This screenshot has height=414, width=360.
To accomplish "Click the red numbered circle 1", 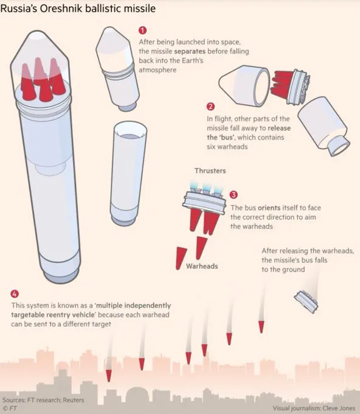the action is click(142, 30).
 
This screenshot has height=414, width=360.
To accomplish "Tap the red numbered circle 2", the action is click(210, 107).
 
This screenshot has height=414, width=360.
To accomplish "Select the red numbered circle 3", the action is click(234, 195).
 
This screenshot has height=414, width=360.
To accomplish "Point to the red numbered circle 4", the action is click(15, 294).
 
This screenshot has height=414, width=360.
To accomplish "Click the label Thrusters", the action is click(210, 171).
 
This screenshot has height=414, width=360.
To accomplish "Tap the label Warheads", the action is click(202, 266).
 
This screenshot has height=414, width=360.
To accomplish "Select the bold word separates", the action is click(190, 51).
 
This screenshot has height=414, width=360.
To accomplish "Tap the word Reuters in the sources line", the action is click(74, 400).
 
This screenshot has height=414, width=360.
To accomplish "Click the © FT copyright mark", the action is click(10, 409).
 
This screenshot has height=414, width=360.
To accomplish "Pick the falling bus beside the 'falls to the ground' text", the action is click(306, 302).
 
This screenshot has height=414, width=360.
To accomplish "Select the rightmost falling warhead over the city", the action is click(261, 327).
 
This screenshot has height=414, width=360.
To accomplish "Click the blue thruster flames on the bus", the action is click(206, 187).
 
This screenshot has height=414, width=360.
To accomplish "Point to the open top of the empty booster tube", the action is click(130, 130).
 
